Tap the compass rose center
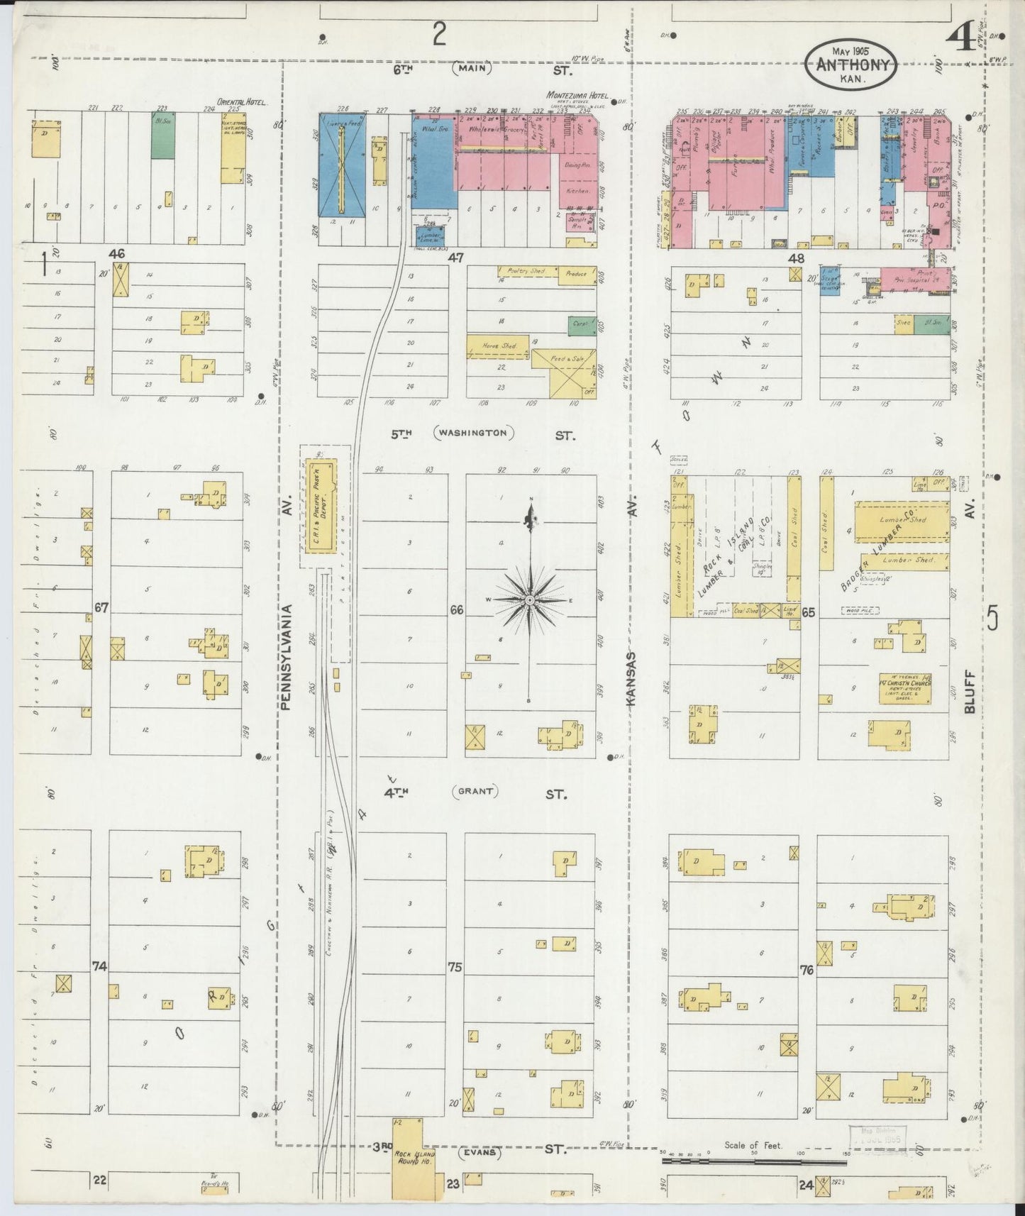(x=529, y=600)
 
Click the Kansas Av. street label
(x=631, y=678)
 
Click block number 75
(x=455, y=967)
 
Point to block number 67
(x=101, y=607)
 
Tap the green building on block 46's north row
(x=162, y=135)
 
